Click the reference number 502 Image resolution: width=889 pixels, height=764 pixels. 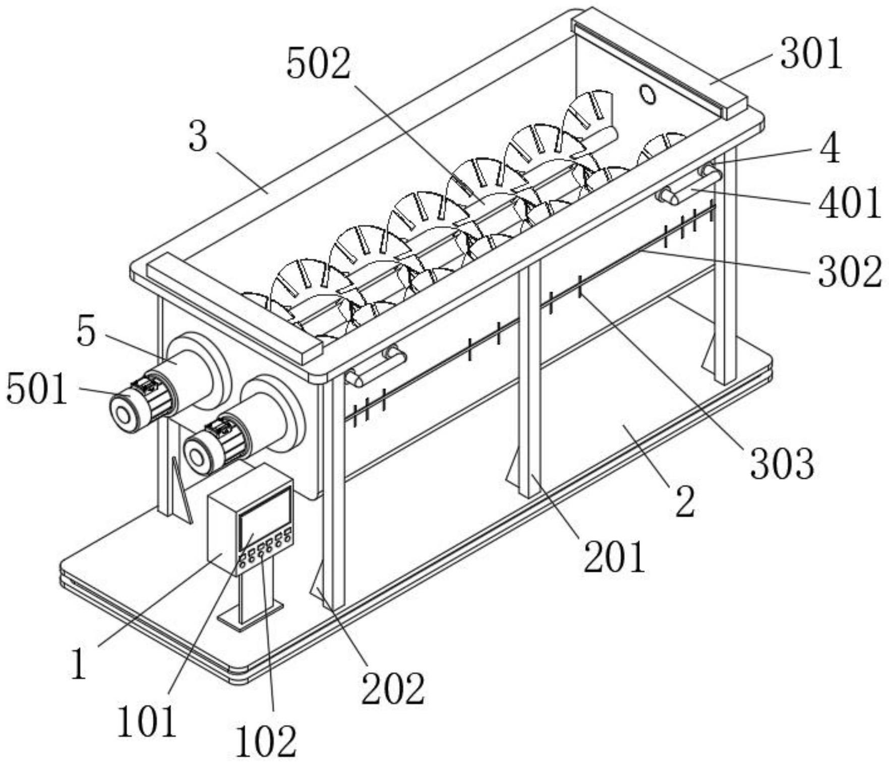[x=318, y=65]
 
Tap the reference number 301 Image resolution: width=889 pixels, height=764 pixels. [x=811, y=54]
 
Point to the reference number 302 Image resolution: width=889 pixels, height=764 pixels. [x=850, y=272]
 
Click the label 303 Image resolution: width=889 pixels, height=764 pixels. [x=782, y=463]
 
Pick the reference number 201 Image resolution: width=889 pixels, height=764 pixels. [x=615, y=556]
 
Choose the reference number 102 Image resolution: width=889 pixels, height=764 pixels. [x=266, y=742]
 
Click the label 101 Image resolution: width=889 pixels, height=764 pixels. [x=147, y=722]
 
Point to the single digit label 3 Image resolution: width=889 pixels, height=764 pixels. [x=198, y=137]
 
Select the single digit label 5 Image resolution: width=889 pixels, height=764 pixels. [x=86, y=332]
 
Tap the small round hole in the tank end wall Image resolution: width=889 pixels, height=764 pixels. [x=647, y=94]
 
